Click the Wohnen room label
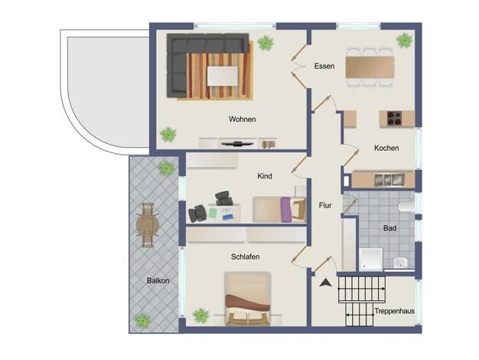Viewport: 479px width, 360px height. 243,119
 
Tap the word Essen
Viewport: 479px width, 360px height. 324,66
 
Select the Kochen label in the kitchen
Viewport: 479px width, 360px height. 386,148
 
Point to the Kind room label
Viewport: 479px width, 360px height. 265,176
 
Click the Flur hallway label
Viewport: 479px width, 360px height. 325,205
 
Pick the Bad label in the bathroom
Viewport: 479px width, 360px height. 389,228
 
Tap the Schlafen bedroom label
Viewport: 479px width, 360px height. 246,257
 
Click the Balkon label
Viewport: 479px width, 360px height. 158,280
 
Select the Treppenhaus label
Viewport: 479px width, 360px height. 394,311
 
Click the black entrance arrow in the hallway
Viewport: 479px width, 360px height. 326,283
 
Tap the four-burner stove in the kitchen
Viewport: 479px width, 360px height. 394,119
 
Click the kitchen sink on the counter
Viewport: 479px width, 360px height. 389,180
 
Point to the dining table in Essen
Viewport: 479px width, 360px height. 370,67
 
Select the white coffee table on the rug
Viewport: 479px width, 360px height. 223,76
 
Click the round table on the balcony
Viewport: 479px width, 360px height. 148,225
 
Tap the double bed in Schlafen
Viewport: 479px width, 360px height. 247,298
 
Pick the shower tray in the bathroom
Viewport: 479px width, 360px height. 371,260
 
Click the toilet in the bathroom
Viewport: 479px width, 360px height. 406,207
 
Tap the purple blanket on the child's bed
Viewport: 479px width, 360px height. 285,210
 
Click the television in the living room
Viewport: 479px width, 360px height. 237,143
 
